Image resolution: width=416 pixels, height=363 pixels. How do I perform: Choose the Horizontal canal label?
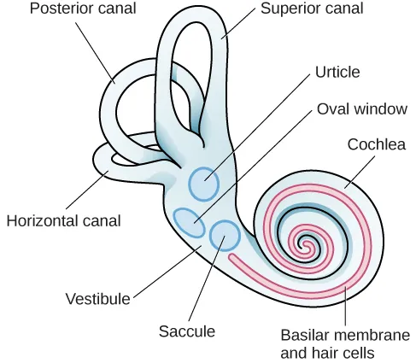point(63,220)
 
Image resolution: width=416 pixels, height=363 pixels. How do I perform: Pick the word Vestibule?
point(98,299)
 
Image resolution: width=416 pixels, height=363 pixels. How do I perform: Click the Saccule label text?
point(186,331)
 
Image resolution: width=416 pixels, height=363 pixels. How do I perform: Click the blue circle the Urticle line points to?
point(204,183)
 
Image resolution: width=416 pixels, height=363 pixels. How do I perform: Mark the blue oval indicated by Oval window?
point(187,220)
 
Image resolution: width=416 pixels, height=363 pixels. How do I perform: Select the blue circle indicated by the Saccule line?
point(225,235)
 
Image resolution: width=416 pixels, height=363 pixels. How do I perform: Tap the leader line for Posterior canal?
point(95,52)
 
